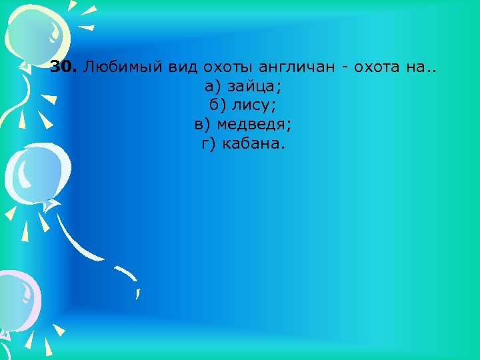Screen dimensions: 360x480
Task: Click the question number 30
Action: pyautogui.click(x=63, y=69)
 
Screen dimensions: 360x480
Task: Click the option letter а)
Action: pyautogui.click(x=213, y=87)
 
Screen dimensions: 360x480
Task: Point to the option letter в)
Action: pyautogui.click(x=203, y=125)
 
